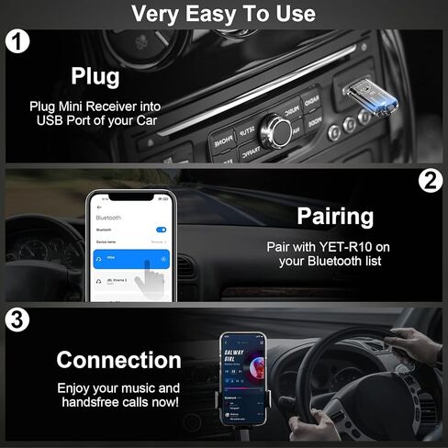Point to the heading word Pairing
[x=335, y=217]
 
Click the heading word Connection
[x=118, y=359]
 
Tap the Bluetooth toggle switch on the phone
[x=162, y=230]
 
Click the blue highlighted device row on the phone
[x=131, y=260]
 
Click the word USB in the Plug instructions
[x=49, y=120]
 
